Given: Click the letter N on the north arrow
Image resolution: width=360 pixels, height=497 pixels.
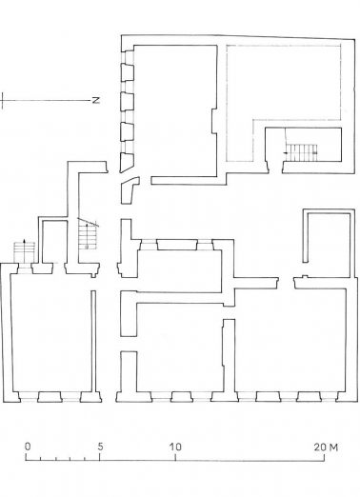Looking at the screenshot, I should click(x=95, y=98).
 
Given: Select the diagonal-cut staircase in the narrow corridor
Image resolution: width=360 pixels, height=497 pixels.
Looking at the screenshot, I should click(x=88, y=234).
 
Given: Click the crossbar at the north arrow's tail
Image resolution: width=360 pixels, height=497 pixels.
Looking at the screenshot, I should click(x=5, y=98).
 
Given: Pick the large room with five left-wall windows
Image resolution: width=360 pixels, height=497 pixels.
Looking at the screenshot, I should click(x=171, y=109).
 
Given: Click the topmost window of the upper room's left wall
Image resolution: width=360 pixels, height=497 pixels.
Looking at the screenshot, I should click(x=126, y=71).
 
